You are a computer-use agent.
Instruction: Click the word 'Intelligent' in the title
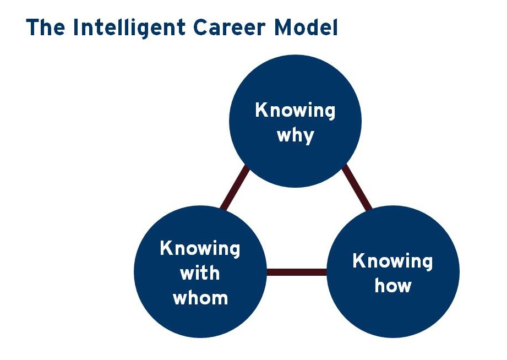129,28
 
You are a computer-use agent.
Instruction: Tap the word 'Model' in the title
306,27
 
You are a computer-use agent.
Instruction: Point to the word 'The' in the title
46,27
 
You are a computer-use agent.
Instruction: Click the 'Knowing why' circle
295,121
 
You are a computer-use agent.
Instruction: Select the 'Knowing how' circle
393,272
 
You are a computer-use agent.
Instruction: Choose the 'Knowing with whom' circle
200,272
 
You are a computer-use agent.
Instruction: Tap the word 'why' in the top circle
296,136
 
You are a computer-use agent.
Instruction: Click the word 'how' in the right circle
393,286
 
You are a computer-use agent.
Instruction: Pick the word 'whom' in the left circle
200,298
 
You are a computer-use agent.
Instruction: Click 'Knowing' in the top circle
295,111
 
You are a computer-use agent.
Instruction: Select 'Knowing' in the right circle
393,261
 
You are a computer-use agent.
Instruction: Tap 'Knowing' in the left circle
200,249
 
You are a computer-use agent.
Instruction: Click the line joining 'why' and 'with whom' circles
235,188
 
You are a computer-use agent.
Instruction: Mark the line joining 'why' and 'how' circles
357,188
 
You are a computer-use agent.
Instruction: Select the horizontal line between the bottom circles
297,272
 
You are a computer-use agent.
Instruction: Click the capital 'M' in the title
284,27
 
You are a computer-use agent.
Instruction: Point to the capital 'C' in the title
201,27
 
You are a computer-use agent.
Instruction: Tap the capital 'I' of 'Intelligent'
76,27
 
